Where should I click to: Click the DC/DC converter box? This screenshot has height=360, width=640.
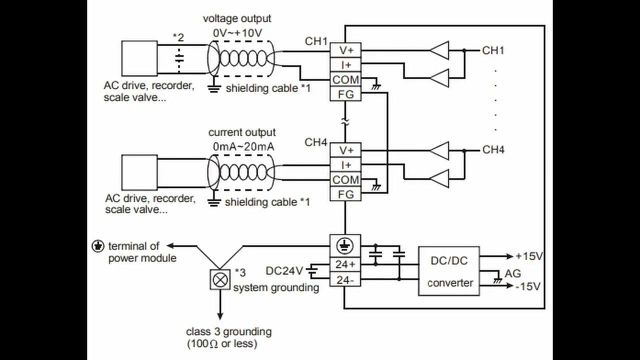448,271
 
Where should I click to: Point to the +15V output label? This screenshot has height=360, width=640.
529,256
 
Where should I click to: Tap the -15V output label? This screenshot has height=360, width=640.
529,286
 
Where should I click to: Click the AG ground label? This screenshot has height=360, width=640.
512,273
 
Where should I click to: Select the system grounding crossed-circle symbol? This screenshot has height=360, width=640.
218,279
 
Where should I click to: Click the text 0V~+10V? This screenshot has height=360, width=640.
237,32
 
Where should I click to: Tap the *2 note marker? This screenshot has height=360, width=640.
178,36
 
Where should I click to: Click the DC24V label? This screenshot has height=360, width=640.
284,271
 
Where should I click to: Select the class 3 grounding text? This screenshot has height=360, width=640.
228,331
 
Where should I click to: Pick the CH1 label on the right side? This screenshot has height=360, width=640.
493,50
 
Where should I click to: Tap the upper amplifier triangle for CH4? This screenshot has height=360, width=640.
439,150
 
